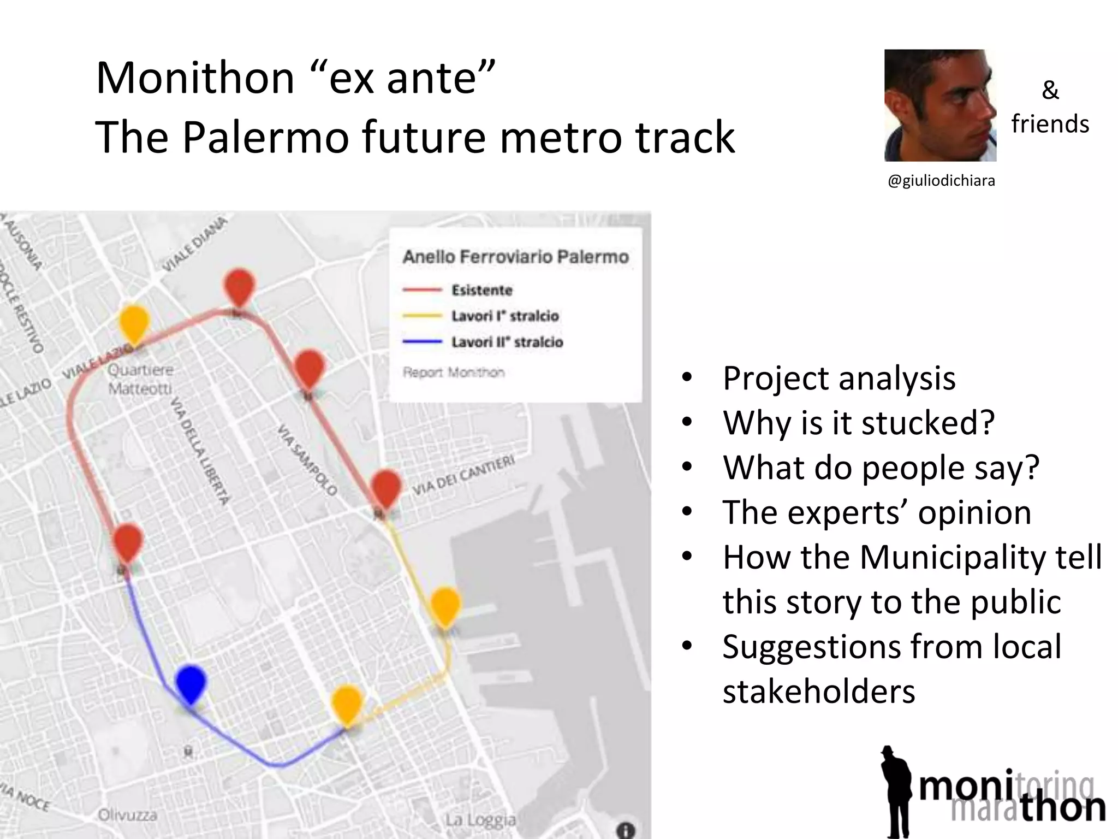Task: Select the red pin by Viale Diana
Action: (x=239, y=286)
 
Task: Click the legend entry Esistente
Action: (x=481, y=290)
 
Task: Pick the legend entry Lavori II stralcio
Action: (x=507, y=342)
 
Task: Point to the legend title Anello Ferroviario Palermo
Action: (x=515, y=257)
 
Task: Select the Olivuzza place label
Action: (x=128, y=816)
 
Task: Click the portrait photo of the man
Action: (x=940, y=105)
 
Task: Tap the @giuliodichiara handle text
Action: (x=941, y=181)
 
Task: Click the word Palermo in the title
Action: (x=265, y=137)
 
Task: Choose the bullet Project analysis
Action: (x=839, y=378)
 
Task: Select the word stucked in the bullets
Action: (x=928, y=423)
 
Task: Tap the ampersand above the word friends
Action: (x=1050, y=90)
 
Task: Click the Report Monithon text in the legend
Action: (x=453, y=373)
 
